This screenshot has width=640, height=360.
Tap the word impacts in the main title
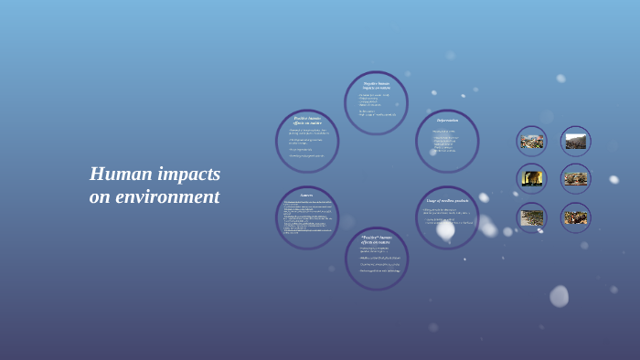click(x=187, y=174)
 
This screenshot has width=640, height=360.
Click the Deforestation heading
click(x=447, y=121)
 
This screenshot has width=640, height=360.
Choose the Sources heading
click(x=306, y=195)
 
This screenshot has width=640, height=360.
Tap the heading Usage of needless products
click(x=447, y=200)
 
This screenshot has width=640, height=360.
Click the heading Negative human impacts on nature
click(x=376, y=86)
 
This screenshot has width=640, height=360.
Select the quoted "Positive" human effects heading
click(x=376, y=239)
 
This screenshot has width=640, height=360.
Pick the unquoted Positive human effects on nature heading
click(x=307, y=120)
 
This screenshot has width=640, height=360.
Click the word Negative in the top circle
click(x=369, y=83)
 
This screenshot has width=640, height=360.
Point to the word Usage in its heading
click(x=432, y=200)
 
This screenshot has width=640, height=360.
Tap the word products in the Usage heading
click(x=460, y=200)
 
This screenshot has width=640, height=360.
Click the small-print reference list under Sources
click(x=306, y=217)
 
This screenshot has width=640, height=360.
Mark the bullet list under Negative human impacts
click(x=376, y=105)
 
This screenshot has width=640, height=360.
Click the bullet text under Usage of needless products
click(x=448, y=217)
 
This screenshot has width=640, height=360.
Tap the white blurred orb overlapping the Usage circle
click(x=445, y=229)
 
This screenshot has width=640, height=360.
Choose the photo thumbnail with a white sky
click(x=576, y=141)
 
